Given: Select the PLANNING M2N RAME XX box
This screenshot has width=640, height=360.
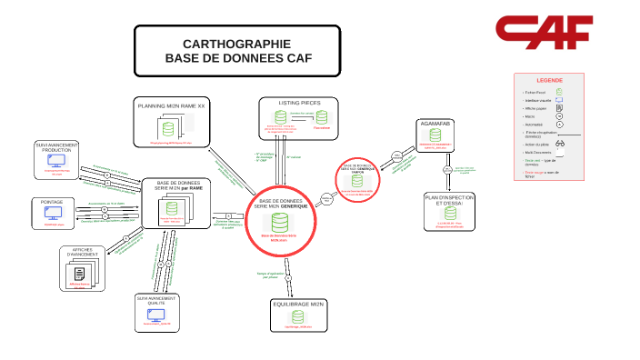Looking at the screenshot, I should click(x=172, y=122).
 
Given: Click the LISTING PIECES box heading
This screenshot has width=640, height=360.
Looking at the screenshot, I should click(x=297, y=103).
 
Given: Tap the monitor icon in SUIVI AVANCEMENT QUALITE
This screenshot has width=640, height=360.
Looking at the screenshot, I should click(x=156, y=315).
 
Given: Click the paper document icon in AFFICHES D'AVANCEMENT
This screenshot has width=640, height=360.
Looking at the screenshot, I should click(x=81, y=273).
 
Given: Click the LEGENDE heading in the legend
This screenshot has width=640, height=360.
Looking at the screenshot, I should click(x=549, y=80).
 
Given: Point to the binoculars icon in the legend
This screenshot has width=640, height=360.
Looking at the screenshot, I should click(x=561, y=144).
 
